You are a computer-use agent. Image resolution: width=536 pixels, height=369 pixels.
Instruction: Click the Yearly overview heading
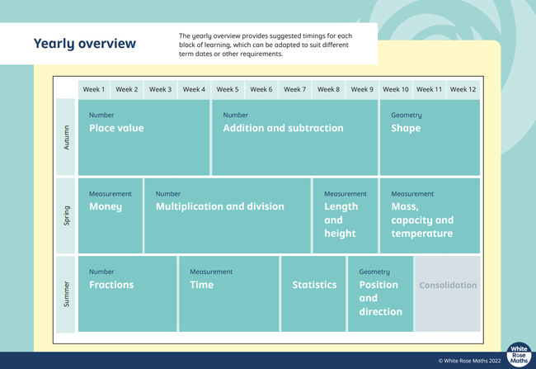tap(84, 44)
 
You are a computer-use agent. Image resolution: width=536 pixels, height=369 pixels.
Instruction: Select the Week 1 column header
tap(94, 89)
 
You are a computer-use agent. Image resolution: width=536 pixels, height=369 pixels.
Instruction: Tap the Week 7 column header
tap(294, 89)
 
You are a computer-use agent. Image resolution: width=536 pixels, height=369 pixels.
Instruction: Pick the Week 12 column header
tap(463, 89)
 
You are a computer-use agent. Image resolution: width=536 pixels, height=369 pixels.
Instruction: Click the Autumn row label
tap(66, 138)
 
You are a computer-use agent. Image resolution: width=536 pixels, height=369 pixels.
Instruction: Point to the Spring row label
tap(66, 215)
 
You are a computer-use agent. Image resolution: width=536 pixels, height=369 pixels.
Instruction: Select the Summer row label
tap(66, 294)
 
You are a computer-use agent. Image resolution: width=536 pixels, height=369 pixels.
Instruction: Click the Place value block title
tap(116, 128)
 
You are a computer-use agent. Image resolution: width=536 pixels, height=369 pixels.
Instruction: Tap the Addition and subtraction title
tap(283, 128)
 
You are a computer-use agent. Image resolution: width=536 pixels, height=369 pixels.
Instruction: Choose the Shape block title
tap(406, 128)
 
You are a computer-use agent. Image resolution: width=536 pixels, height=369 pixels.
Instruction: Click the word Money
tap(106, 206)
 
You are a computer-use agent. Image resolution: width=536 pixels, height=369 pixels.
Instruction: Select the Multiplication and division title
tap(220, 206)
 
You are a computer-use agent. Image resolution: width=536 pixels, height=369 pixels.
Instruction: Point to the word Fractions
tap(111, 285)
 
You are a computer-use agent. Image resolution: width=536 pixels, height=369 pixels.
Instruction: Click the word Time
tap(202, 285)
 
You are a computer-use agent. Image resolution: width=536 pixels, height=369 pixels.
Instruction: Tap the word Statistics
tap(314, 285)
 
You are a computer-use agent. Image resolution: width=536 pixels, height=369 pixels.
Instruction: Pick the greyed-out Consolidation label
tap(448, 285)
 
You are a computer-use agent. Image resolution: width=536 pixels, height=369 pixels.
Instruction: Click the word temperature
tap(422, 234)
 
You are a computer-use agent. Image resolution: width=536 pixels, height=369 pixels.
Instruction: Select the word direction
tap(380, 311)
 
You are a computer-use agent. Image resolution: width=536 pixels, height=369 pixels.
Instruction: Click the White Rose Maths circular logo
tap(519, 355)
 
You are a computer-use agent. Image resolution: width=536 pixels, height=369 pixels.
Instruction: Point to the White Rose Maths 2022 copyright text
tap(470, 361)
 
